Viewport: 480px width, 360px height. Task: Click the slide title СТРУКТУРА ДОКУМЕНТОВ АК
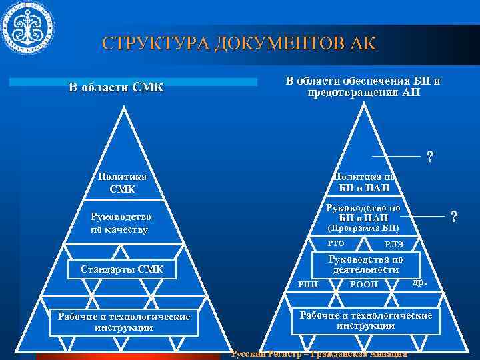[x=239, y=44]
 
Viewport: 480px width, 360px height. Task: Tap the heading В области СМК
[x=116, y=87]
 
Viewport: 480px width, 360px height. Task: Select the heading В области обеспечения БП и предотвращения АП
[x=363, y=87]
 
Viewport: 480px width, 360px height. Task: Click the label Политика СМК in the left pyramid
[x=122, y=183]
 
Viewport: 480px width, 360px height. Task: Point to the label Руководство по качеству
[x=121, y=223]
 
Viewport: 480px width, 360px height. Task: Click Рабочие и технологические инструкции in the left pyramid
[x=123, y=322]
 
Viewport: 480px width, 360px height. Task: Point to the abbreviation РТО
[x=336, y=243]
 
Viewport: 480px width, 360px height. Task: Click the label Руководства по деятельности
[x=365, y=264]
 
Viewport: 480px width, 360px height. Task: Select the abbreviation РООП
[x=364, y=285]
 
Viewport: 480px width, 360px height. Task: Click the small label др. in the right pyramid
[x=419, y=283]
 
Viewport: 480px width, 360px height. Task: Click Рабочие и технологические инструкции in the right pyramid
[x=366, y=320]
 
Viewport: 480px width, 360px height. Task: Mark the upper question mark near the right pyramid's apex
[x=430, y=157]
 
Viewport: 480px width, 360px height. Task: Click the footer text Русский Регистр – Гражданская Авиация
[x=319, y=353]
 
